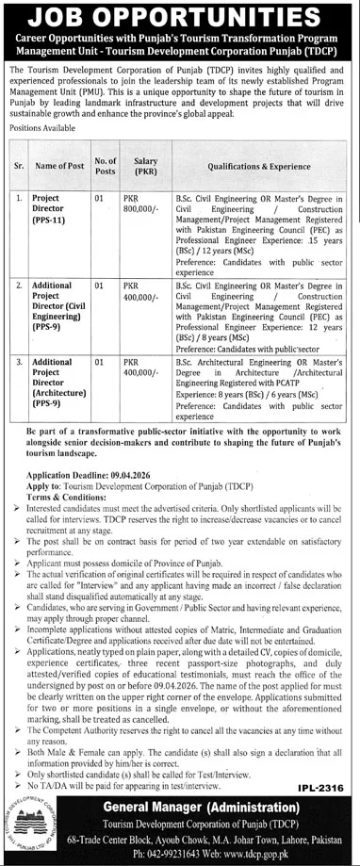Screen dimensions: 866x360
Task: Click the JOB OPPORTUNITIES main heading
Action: click(179, 18)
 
